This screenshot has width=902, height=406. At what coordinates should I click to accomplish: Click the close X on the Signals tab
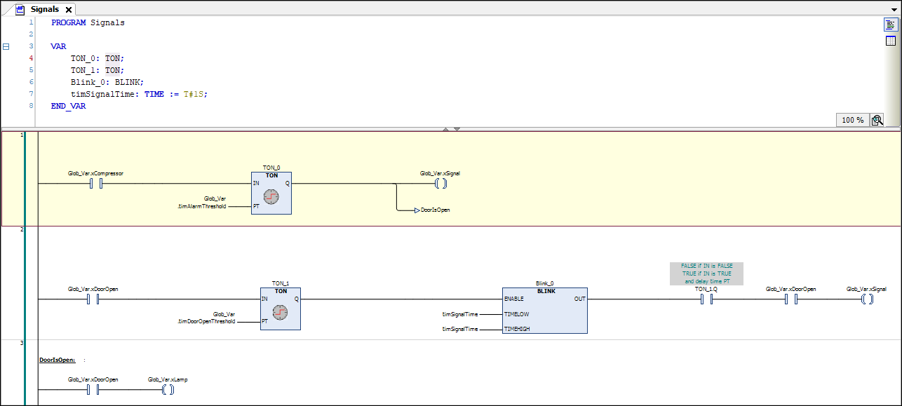tap(68, 10)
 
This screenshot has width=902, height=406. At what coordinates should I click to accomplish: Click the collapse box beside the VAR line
tap(6, 47)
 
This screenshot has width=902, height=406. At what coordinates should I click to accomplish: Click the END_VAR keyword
tap(68, 106)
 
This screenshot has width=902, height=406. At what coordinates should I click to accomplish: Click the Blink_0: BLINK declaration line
tap(107, 82)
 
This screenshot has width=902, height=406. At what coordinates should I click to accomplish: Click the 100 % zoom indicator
tap(852, 120)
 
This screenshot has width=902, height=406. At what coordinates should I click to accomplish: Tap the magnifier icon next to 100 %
tap(877, 120)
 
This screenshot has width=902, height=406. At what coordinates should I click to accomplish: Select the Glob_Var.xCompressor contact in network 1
tap(96, 184)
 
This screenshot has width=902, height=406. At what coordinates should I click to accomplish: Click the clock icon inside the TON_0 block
tap(271, 197)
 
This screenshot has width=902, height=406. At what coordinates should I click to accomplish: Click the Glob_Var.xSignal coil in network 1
tap(440, 184)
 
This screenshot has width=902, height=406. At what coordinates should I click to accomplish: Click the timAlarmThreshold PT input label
tap(202, 207)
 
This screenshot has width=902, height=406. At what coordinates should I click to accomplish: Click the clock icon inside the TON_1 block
tap(281, 313)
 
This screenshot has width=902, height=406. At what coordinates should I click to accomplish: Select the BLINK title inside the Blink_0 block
tap(546, 290)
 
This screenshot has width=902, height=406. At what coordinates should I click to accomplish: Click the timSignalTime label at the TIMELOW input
tap(459, 315)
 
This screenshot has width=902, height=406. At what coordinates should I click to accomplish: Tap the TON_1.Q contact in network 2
tap(706, 299)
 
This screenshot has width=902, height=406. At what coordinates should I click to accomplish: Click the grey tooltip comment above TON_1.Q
tap(706, 273)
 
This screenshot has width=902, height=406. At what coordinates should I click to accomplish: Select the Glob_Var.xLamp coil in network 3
tap(168, 390)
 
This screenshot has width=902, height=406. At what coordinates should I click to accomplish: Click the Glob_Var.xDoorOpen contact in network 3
tap(93, 390)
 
